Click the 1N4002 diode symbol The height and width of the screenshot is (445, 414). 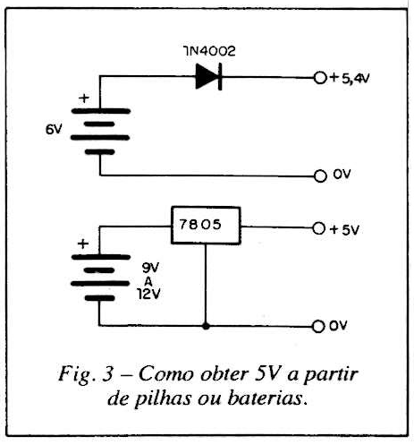coord(208,76)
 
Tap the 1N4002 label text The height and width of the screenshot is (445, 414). coord(209,51)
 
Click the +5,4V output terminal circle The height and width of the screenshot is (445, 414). coord(320,78)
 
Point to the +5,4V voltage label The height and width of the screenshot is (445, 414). coord(350,79)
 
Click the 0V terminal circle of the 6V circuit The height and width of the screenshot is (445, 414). coord(320,176)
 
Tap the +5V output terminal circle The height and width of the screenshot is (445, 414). coord(318,228)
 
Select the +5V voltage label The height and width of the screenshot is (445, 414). coord(344,230)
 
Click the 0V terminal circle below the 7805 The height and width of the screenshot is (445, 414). coord(318,327)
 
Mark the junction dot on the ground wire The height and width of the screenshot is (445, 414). coord(206,326)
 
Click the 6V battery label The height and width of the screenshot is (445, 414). coord(54,130)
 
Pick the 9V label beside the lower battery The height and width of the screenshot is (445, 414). coord(151,268)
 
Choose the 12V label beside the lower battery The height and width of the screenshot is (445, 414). coord(149,295)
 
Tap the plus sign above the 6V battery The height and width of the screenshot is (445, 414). coord(84,98)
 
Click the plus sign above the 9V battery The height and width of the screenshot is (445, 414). coord(83,244)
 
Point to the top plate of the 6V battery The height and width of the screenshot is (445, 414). coord(101,111)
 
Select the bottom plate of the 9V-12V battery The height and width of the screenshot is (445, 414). coord(100,298)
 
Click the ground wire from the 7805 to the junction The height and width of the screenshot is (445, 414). coord(206,284)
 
